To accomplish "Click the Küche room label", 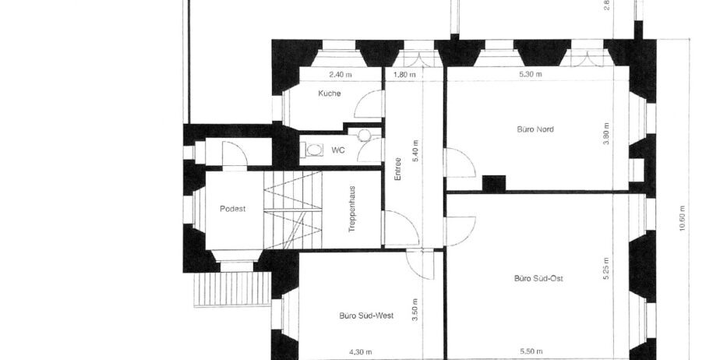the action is tap(330, 94).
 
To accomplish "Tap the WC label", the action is tap(338, 150).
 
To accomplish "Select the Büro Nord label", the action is tap(535, 129).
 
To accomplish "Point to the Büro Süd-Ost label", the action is tap(538, 278).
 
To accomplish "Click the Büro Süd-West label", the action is tap(366, 316).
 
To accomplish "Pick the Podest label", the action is tap(232, 209).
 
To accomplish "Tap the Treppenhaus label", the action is tap(352, 209).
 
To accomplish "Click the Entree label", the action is tap(398, 169).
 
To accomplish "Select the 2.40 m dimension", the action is tap(341, 74).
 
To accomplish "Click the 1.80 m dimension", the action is tap(405, 74).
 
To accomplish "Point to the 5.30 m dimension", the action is tap(531, 74).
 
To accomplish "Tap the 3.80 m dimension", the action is tap(606, 134).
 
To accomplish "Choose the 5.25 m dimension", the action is tap(606, 268).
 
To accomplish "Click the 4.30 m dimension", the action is tap(361, 352).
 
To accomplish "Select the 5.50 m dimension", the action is tap(531, 352).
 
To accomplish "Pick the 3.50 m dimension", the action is tap(415, 310).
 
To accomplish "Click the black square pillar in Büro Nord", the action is tap(493, 184).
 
